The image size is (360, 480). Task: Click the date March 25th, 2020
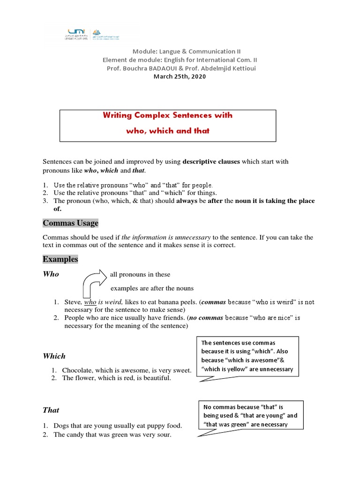(x=180, y=77)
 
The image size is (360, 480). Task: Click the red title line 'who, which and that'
(x=167, y=131)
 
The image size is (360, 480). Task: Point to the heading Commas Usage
(x=70, y=223)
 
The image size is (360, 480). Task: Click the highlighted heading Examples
(x=60, y=259)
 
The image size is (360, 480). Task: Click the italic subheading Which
(x=54, y=356)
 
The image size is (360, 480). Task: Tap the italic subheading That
(x=51, y=410)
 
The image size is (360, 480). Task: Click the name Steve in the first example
(x=73, y=302)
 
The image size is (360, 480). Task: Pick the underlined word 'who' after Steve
(x=90, y=302)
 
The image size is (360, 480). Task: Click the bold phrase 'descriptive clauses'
(x=211, y=161)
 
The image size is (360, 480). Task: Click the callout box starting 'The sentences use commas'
(x=247, y=356)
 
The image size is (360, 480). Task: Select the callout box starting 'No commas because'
(x=250, y=415)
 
